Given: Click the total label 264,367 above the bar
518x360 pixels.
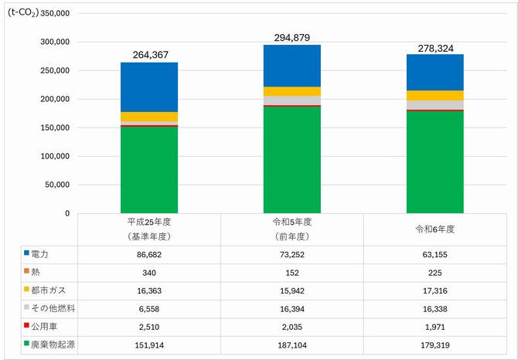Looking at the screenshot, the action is click(150, 55).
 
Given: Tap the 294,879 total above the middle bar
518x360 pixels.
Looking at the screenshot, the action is click(292, 38).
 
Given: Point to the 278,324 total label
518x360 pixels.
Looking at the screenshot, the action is click(435, 49).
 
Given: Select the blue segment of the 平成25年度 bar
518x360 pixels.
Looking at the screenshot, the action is click(149, 87).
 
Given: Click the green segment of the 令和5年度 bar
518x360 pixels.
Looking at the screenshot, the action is click(292, 160).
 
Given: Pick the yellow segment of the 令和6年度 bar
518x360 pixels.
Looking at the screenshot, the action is click(435, 95).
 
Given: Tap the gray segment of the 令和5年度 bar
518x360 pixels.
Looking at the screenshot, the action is click(292, 100).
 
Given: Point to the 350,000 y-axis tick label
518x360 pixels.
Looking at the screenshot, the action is click(55, 13).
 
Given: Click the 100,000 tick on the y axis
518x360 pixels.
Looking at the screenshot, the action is click(55, 156).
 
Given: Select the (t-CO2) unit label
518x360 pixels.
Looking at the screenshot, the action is click(23, 13).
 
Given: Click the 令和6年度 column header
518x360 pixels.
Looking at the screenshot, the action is click(435, 229).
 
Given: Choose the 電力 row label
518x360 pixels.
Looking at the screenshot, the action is click(39, 254).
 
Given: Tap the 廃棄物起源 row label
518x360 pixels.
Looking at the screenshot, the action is click(53, 345).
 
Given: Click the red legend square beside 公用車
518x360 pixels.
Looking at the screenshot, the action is click(27, 325).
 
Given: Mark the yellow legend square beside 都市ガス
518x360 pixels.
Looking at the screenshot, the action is click(27, 289).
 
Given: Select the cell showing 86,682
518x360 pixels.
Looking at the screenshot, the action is click(149, 255).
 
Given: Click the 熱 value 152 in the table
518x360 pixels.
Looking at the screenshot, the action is click(292, 273).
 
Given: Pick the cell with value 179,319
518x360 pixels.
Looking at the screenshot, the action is click(435, 345).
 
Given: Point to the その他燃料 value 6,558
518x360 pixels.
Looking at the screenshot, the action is click(149, 309).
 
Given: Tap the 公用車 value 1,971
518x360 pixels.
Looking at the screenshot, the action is click(435, 328).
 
